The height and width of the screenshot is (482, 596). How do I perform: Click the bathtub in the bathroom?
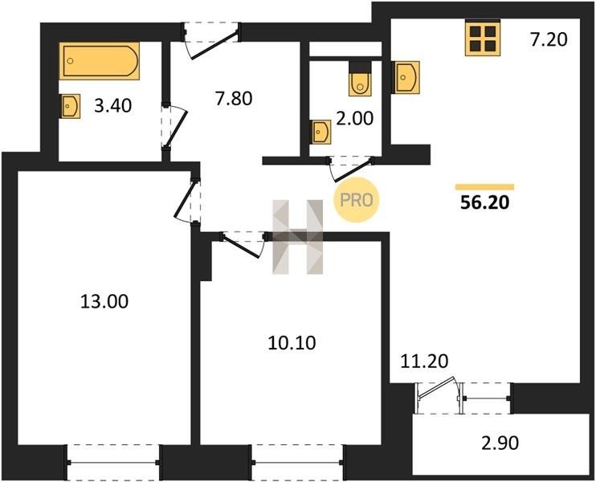coord(100,61)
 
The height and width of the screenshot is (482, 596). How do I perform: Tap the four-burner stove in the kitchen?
coord(483,38)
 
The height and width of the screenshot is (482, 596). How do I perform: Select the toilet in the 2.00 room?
coord(360,79)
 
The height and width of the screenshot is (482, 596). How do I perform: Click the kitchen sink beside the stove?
coord(406,77)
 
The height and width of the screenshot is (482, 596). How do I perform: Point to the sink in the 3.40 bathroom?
coord(70,106)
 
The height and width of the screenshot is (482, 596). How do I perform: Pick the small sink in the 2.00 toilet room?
coord(320,132)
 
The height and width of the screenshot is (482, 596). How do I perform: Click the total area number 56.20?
coord(484,203)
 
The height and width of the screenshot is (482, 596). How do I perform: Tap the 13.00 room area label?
coord(104,301)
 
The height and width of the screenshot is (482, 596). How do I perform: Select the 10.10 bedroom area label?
coord(292,343)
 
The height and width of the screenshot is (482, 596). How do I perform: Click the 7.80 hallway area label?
coord(234,99)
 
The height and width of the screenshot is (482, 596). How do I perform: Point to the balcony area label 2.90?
coord(500,443)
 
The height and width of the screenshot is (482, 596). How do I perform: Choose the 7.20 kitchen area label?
coord(549,39)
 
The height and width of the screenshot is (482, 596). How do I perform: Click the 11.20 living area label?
coord(425,361)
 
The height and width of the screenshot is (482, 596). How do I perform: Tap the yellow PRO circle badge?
coord(357,200)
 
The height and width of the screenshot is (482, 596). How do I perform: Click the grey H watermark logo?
coord(298,237)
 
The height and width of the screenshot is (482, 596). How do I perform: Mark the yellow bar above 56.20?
coord(484,187)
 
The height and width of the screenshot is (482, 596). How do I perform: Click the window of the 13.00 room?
coord(113,462)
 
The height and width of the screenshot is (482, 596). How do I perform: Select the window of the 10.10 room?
coord(298,462)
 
